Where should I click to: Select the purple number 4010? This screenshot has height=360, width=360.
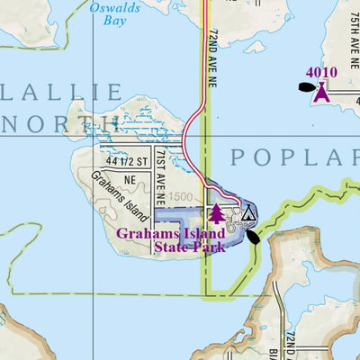click(x=320, y=73)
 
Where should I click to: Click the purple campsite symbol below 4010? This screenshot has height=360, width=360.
click(x=320, y=91)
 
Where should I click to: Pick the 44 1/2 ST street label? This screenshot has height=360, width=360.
click(x=125, y=162)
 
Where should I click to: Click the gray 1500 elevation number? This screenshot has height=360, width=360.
click(x=180, y=196)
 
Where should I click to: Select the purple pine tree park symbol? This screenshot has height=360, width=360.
click(x=215, y=213)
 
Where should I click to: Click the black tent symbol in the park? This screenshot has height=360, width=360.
click(x=248, y=213)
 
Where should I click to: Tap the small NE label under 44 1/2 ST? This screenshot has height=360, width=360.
click(x=130, y=179)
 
